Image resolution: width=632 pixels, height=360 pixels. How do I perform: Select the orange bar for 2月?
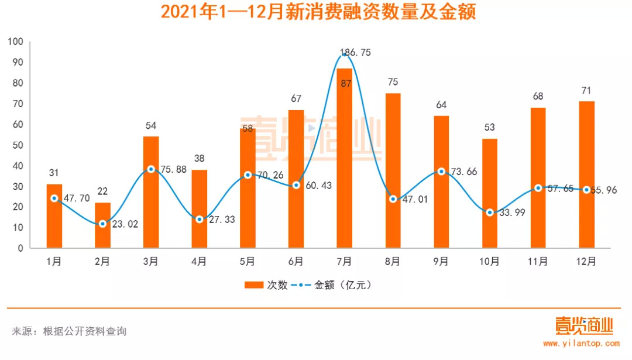click(102, 225)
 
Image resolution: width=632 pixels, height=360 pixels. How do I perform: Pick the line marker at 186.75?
click(345, 54)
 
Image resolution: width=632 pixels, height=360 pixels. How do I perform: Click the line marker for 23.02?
click(102, 224)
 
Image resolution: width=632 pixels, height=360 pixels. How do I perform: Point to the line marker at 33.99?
click(490, 212)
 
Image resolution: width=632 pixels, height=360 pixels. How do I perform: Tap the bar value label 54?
click(151, 125)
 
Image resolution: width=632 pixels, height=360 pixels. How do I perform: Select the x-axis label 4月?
click(199, 260)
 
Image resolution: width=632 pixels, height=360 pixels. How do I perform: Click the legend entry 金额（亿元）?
click(336, 285)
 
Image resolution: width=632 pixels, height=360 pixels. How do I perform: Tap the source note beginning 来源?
click(69, 331)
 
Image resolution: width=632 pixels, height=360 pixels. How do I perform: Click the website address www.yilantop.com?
click(581, 344)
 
